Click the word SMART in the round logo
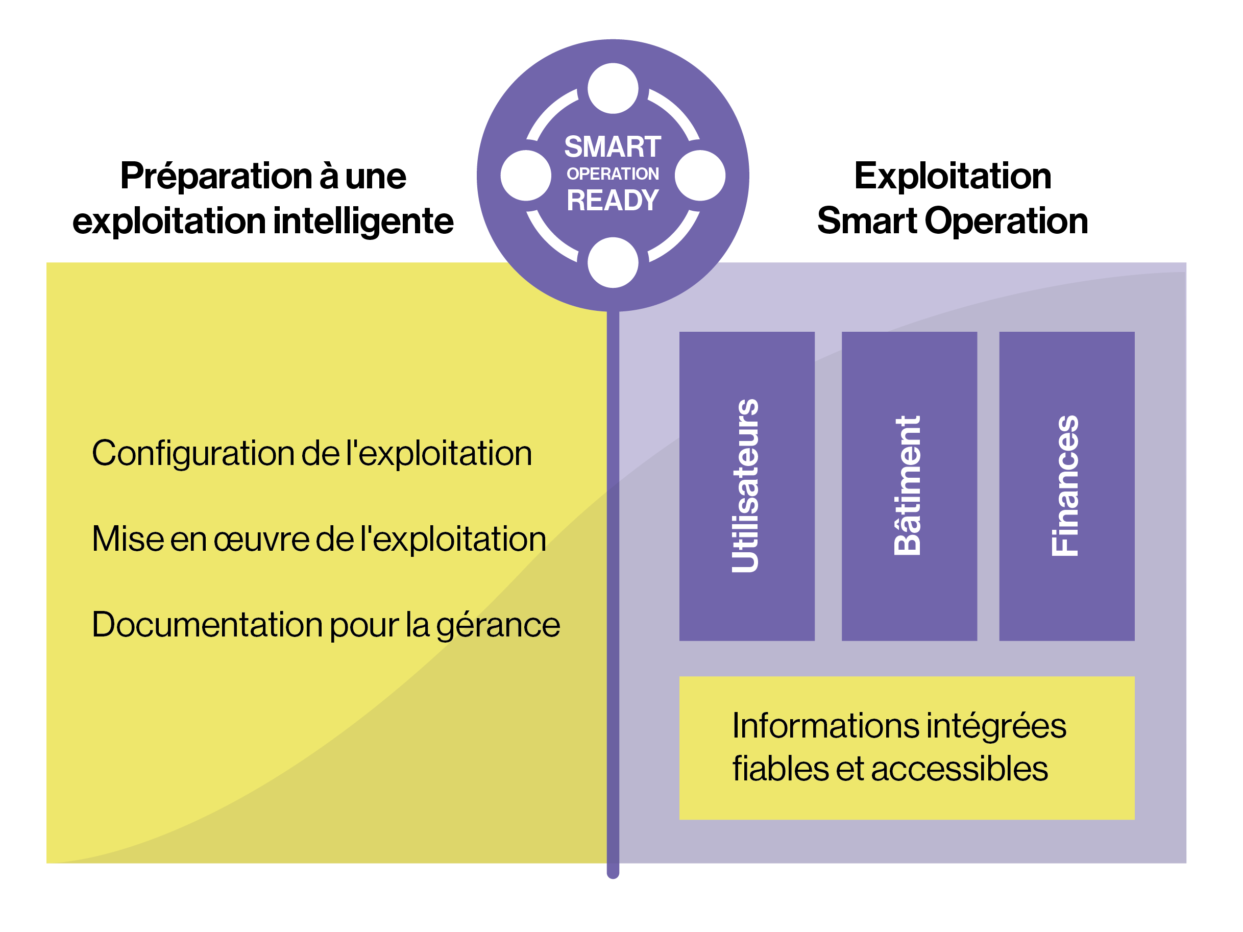(x=613, y=147)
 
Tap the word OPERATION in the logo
(x=613, y=174)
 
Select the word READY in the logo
(x=613, y=201)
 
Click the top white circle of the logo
(x=613, y=88)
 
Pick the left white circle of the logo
(x=525, y=175)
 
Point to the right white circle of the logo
(x=700, y=175)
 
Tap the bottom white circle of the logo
(x=613, y=262)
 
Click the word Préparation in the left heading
(x=216, y=177)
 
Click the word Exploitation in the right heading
(x=953, y=176)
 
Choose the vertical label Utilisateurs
(x=746, y=486)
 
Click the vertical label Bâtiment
(x=908, y=486)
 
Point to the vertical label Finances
(x=1065, y=486)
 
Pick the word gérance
(x=498, y=626)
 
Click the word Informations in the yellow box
(x=825, y=726)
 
